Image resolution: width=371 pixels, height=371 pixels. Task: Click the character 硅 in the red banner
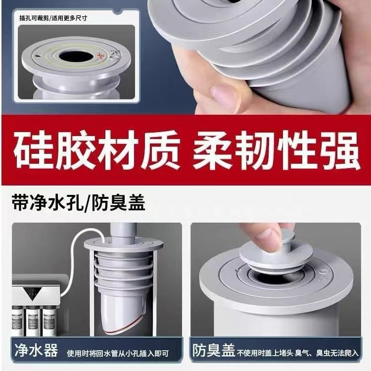tap(33, 150)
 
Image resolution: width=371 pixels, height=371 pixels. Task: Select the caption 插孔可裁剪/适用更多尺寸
tap(53, 18)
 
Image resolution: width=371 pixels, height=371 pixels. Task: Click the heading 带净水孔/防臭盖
tap(79, 203)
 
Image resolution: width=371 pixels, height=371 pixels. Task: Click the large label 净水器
tap(36, 350)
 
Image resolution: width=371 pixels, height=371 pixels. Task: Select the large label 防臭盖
tap(213, 350)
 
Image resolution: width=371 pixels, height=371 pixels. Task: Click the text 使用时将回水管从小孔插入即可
tap(118, 354)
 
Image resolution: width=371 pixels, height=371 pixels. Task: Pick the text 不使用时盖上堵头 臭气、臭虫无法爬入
tap(298, 353)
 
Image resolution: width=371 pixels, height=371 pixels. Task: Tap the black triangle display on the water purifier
tap(33, 294)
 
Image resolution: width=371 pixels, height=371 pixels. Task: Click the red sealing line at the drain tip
tap(124, 325)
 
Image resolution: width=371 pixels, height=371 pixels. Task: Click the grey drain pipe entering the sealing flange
tap(123, 233)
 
